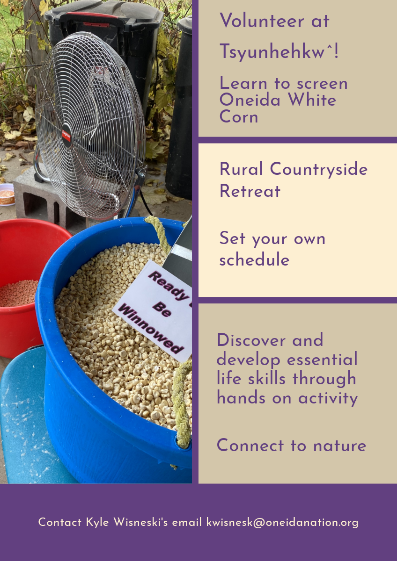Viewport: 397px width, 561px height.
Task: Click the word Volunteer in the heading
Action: click(262, 21)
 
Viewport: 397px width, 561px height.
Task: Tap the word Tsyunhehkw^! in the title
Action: click(279, 51)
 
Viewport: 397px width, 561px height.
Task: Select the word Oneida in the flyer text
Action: click(250, 100)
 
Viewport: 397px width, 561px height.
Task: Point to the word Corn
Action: click(239, 116)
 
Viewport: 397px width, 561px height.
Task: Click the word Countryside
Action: click(318, 169)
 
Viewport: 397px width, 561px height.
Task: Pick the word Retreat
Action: click(250, 191)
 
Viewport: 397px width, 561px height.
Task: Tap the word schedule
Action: click(254, 259)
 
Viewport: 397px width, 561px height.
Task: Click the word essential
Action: click(322, 359)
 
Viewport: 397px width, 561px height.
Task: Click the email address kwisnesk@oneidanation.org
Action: click(282, 522)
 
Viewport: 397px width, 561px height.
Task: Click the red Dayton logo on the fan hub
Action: click(66, 136)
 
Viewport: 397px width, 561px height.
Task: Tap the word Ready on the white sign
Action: click(170, 285)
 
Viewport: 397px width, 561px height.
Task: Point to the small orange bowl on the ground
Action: click(7, 194)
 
